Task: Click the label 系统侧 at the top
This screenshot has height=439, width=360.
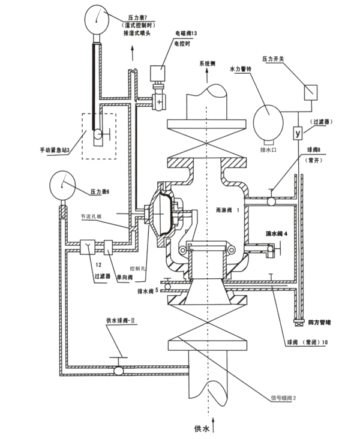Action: coord(207,63)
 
